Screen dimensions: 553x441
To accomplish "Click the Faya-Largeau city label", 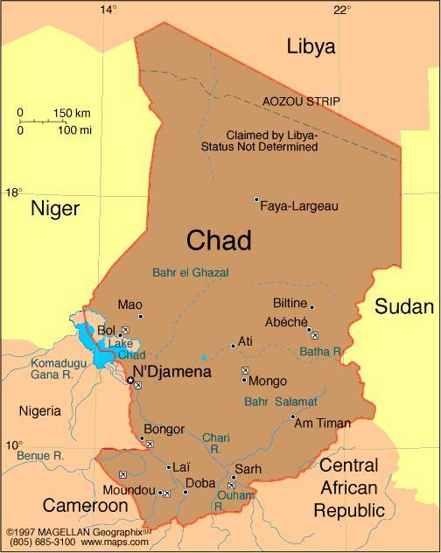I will [300, 206].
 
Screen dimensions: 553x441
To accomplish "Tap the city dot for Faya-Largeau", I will [256, 200].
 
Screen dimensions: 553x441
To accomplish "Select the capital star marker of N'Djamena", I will [130, 381].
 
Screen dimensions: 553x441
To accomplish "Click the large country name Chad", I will [219, 241].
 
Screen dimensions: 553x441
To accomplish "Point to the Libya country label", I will [311, 47].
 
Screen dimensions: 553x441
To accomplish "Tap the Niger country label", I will [55, 208].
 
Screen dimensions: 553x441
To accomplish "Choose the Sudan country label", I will [404, 306].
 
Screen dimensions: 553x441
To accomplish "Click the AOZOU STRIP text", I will [302, 101].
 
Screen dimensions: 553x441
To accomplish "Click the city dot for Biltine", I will [311, 307].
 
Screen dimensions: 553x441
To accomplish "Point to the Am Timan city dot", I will [292, 416].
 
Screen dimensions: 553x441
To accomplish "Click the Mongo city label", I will [268, 381].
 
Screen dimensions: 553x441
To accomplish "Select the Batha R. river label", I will [321, 351].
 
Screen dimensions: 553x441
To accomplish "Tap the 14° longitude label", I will [108, 10].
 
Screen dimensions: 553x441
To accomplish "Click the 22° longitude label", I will [342, 10].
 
